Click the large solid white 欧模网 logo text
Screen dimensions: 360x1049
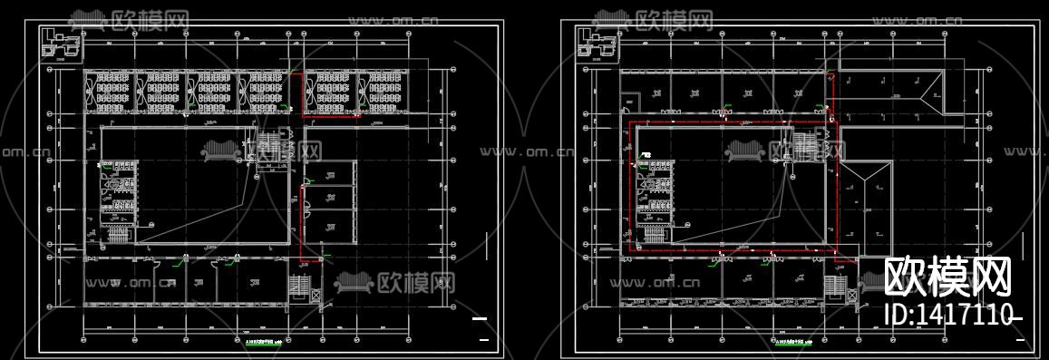click(947, 276)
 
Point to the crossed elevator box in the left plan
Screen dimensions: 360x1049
click(315, 296)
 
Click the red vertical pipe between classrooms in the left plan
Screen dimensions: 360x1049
click(301, 95)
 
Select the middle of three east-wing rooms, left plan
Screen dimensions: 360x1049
click(326, 198)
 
